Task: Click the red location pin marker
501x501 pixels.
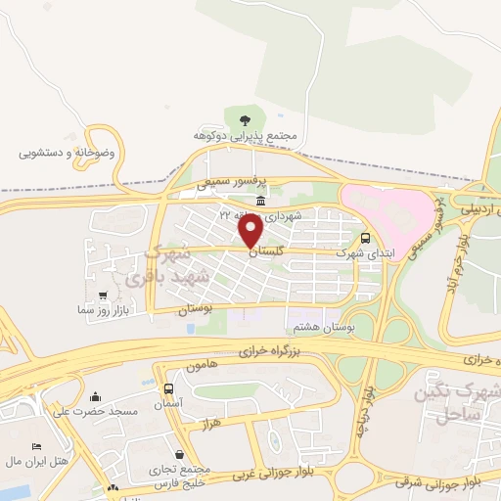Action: coord(250,231)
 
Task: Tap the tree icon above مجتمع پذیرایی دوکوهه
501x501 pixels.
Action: coord(245,120)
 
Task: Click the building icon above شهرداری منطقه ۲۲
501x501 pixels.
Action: coord(259,202)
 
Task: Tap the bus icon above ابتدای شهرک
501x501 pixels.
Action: coord(366,238)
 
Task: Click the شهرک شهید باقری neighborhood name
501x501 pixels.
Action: coord(176,266)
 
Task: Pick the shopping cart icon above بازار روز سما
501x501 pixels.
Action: coord(103,295)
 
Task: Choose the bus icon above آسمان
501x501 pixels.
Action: coord(168,388)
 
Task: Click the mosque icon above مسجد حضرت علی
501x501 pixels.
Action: coord(96,396)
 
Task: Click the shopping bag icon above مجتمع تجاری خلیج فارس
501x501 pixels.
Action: coord(180,454)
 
